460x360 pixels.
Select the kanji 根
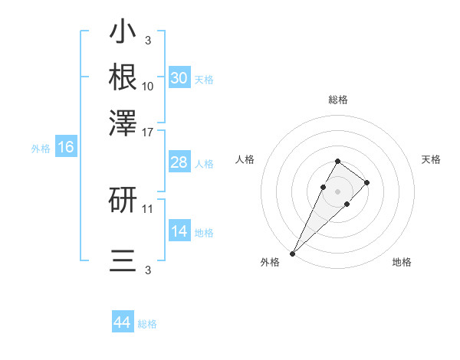tap(123, 77)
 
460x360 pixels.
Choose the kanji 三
tap(123, 260)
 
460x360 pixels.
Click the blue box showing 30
tap(179, 78)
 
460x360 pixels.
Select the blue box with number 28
tap(179, 162)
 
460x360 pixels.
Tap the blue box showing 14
tap(179, 231)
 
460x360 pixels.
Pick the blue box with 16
tap(66, 148)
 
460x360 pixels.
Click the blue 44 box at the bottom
tap(123, 322)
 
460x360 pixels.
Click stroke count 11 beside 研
tap(148, 208)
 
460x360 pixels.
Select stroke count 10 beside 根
tap(148, 87)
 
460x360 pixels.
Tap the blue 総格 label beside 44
tap(147, 324)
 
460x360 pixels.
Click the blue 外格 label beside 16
tap(41, 149)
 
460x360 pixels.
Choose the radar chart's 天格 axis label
tap(431, 159)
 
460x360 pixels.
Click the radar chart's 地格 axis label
tap(402, 262)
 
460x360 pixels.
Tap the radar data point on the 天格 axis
tap(367, 182)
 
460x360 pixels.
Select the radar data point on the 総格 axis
tap(337, 161)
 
